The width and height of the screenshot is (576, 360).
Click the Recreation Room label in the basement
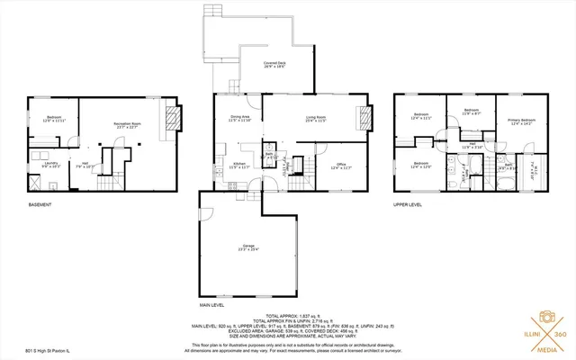[x=130, y=126]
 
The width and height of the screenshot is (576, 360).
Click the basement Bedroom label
[x=54, y=120]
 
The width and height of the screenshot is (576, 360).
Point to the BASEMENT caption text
[x=40, y=205]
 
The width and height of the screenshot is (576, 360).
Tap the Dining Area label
[x=239, y=119]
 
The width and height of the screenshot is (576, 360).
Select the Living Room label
[x=315, y=119]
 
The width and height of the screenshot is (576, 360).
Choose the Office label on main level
[x=341, y=166]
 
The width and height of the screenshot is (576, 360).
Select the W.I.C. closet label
[x=534, y=168]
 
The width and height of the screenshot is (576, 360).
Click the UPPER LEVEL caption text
[x=408, y=205]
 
